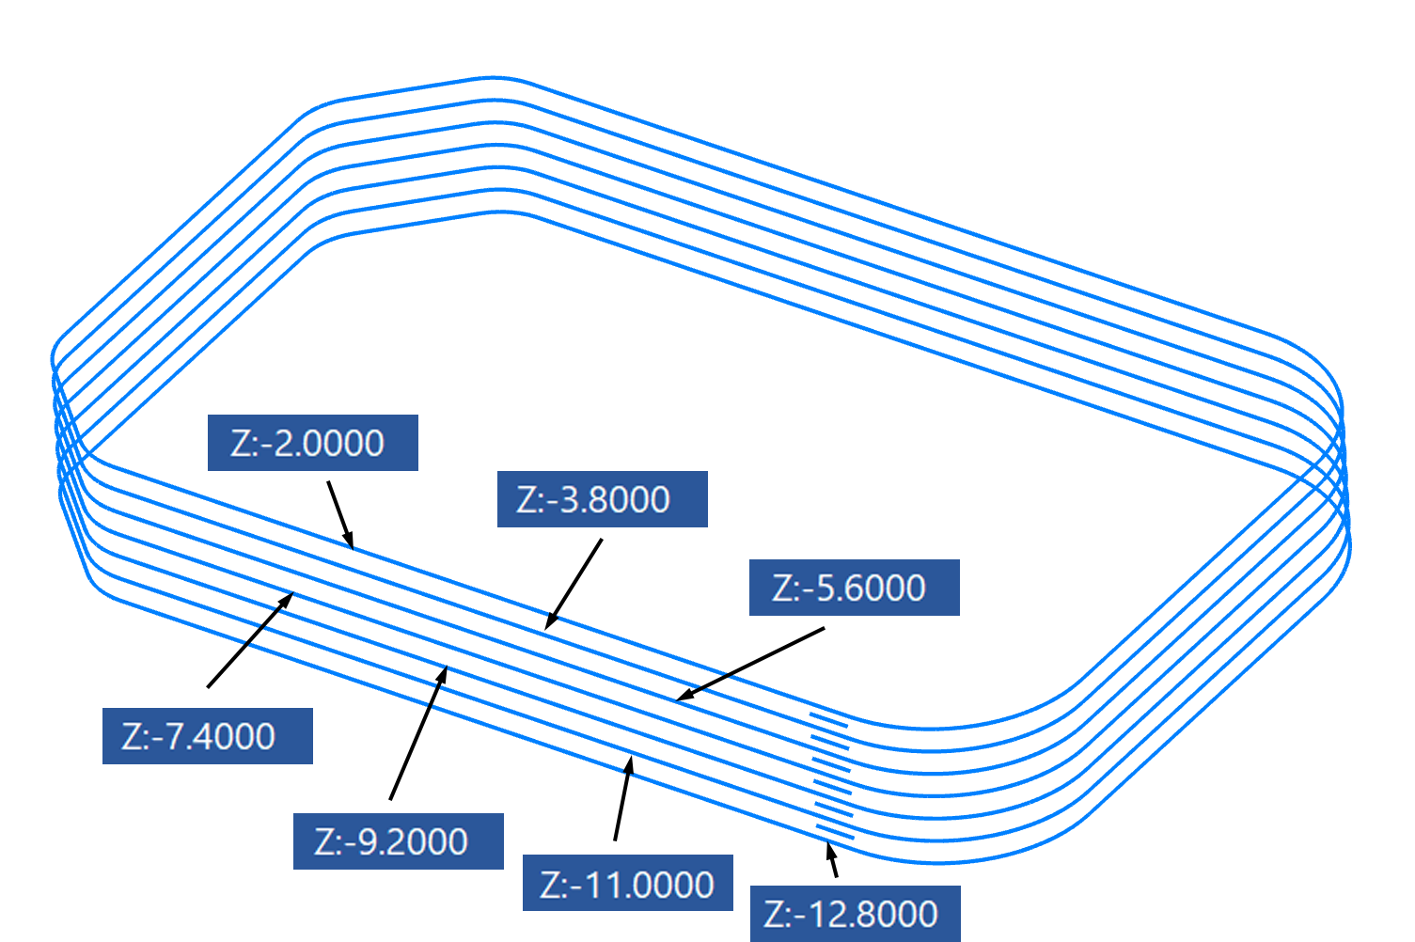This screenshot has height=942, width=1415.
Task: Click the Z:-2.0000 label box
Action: click(312, 443)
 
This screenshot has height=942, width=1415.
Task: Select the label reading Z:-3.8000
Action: click(602, 499)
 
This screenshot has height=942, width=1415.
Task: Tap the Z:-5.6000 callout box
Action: click(854, 588)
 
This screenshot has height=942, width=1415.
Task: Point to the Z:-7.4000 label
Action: click(207, 736)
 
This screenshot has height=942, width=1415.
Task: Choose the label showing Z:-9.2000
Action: click(398, 841)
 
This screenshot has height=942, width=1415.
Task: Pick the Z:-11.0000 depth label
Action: click(627, 884)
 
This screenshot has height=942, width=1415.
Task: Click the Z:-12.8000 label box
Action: click(855, 914)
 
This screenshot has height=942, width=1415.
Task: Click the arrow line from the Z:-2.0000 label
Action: click(339, 512)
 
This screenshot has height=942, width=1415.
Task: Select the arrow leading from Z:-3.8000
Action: click(574, 582)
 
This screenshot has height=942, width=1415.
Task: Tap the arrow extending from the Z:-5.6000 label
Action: click(752, 664)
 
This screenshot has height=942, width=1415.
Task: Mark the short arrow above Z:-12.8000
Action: click(832, 861)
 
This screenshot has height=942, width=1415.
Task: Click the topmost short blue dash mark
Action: click(828, 720)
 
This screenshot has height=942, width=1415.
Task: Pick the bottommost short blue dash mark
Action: click(835, 832)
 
